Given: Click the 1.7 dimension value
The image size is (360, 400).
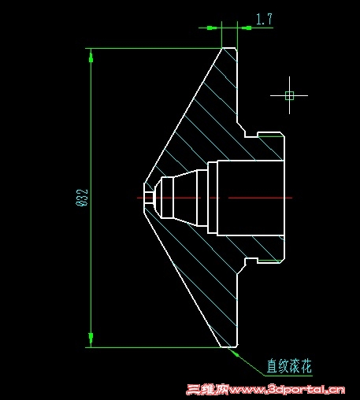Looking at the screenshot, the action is click(x=264, y=19).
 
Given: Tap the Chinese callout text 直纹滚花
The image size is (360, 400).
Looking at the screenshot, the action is click(x=289, y=366).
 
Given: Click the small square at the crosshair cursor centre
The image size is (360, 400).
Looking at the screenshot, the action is click(x=289, y=95).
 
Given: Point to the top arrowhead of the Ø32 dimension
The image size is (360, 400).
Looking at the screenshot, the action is click(x=91, y=57).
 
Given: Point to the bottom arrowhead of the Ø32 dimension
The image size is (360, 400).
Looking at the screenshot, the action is click(x=91, y=339).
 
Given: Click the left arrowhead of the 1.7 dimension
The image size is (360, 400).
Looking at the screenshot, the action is click(x=212, y=28).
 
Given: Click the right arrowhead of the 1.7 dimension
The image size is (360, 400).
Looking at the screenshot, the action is click(x=247, y=28).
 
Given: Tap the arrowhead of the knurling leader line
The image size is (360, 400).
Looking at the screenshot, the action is click(x=234, y=353).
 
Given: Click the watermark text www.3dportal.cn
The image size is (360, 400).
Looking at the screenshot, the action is click(x=287, y=390).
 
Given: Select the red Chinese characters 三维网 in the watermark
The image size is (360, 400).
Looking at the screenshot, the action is click(x=207, y=390).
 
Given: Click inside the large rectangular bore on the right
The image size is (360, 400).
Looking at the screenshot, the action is click(x=251, y=198).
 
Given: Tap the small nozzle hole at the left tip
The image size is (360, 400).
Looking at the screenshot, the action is click(x=149, y=198).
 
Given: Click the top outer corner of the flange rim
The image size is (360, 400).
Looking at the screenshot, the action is click(x=222, y=48).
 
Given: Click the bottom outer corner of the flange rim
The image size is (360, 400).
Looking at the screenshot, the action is click(x=222, y=347).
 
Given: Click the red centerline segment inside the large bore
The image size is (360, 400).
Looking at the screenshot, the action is click(x=260, y=198).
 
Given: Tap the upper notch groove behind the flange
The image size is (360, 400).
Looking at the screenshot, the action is click(x=251, y=135).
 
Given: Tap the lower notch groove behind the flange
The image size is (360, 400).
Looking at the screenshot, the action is click(x=251, y=261).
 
